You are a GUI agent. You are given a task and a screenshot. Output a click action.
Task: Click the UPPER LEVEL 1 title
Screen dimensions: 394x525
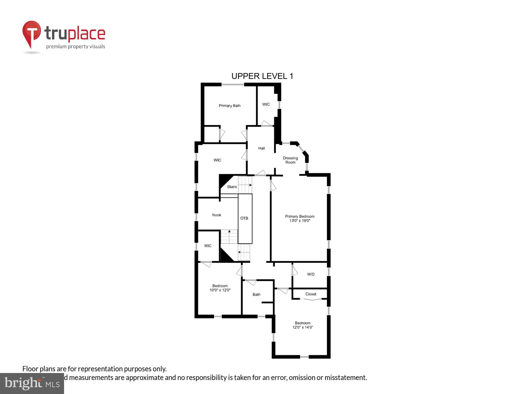coord(262,76)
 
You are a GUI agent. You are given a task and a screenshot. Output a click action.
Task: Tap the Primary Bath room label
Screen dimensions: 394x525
coord(230,106)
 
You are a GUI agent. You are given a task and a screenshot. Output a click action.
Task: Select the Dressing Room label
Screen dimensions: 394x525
coord(290,160)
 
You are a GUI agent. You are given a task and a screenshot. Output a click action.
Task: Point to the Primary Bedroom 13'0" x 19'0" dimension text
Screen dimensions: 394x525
coord(300,221)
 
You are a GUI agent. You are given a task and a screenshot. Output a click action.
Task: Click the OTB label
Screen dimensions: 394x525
coord(244,218)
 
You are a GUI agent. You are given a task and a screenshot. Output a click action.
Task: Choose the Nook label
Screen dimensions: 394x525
coord(217,215)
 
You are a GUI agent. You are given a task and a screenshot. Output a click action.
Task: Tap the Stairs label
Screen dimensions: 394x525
coord(232,187)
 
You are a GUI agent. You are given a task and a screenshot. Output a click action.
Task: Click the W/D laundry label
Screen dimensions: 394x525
coord(311,274)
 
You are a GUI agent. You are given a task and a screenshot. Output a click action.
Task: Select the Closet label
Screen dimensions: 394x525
coord(311,294)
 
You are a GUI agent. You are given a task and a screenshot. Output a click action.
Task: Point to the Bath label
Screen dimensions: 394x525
coord(256,294)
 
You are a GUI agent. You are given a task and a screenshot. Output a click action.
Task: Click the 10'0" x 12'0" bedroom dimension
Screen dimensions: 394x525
coord(220,290)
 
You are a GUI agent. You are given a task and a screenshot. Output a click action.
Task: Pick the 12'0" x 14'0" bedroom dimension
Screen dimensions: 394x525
coord(303,327)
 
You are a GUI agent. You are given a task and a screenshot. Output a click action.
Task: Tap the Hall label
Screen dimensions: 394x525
coord(261,148)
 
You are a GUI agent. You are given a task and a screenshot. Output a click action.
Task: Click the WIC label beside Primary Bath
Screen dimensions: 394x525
coord(266,104)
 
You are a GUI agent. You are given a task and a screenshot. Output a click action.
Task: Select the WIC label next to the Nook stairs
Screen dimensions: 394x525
coord(208,246)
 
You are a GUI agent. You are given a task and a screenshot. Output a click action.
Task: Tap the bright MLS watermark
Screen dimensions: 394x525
coord(32,383)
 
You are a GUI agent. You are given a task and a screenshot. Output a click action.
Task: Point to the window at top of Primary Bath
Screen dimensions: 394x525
coord(233,85)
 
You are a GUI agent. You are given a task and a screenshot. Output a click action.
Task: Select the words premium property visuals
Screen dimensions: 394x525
coord(76,47)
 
